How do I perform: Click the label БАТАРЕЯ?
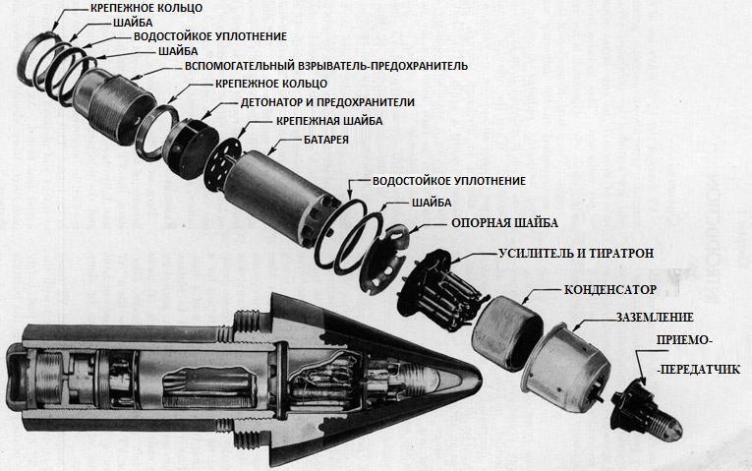[326, 140]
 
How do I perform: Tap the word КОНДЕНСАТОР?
[610, 290]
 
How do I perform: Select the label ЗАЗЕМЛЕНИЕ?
[655, 317]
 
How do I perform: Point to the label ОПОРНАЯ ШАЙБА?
[504, 223]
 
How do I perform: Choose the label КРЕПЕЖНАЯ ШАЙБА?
[329, 121]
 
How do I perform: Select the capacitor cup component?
[508, 333]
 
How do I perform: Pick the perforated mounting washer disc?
[222, 165]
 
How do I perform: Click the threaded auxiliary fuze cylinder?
[114, 105]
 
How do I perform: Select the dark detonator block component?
[190, 147]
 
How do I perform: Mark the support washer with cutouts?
[383, 259]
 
